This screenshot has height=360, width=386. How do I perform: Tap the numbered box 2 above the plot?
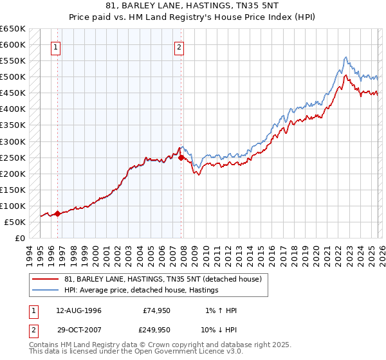click(178, 46)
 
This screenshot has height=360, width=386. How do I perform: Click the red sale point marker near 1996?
click(57, 214)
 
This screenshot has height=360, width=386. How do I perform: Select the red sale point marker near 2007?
click(181, 157)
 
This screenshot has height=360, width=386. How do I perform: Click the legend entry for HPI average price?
click(141, 290)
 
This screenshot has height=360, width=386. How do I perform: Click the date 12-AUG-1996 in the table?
click(78, 310)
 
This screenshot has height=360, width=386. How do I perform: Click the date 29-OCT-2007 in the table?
click(78, 329)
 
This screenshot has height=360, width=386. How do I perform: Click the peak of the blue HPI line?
click(345, 57)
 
